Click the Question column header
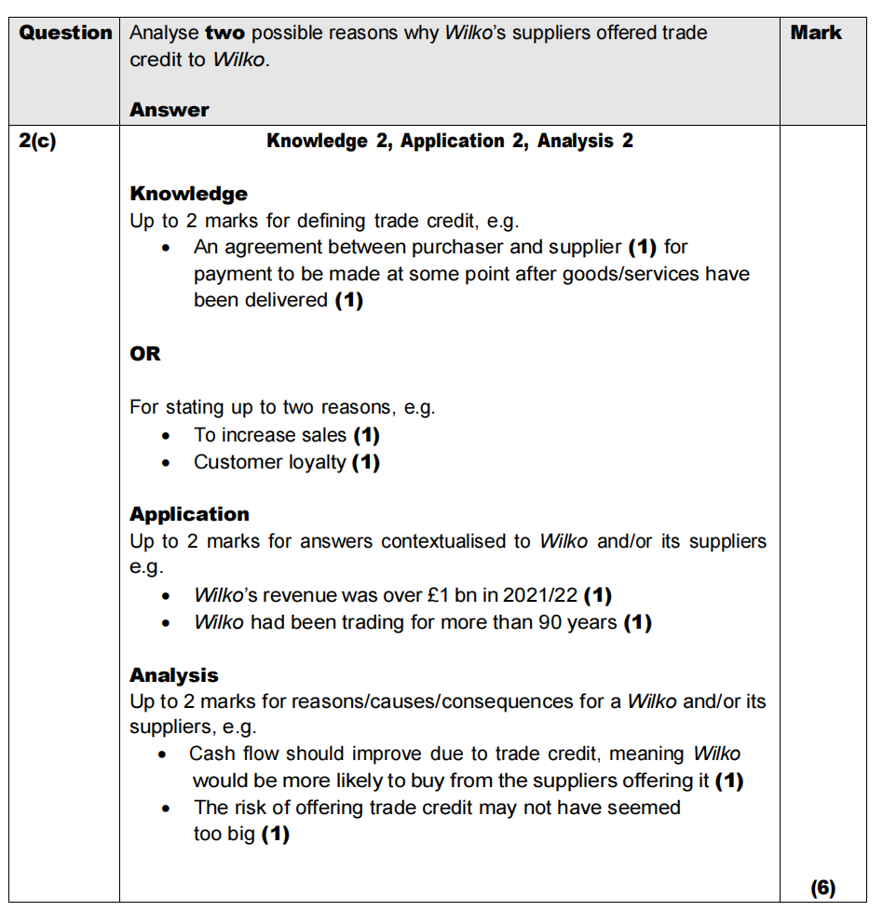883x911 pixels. [65, 33]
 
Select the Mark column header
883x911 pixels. [816, 33]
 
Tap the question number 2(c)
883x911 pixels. [37, 143]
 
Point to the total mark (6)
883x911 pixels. [822, 888]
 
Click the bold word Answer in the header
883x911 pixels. [170, 110]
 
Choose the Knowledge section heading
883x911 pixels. [188, 194]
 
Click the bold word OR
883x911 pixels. [145, 354]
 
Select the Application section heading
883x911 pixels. [189, 514]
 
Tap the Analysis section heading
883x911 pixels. [174, 675]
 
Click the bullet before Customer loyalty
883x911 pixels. [166, 463]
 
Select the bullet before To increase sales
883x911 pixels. [166, 436]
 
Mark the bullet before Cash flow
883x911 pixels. [164, 755]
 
